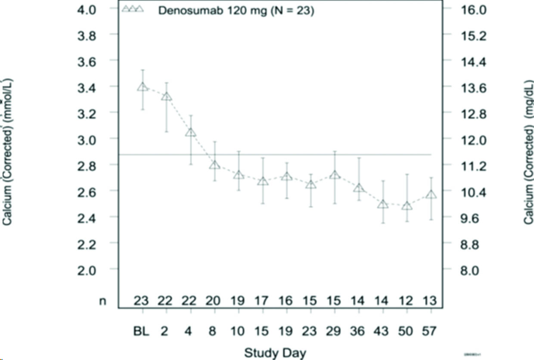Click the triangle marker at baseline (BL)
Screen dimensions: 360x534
click(x=143, y=87)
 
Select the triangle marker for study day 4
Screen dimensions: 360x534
click(x=191, y=132)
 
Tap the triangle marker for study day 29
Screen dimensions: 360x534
click(x=335, y=175)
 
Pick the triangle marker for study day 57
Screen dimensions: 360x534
click(x=431, y=195)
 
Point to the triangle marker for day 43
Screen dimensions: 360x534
click(x=383, y=205)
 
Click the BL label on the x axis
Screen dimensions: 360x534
click(x=142, y=332)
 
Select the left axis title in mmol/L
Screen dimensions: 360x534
click(x=7, y=151)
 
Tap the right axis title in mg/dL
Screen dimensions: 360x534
click(x=528, y=153)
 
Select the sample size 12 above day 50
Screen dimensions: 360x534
click(x=405, y=301)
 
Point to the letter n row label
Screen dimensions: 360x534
click(x=102, y=301)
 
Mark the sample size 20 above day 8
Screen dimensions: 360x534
click(x=214, y=301)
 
